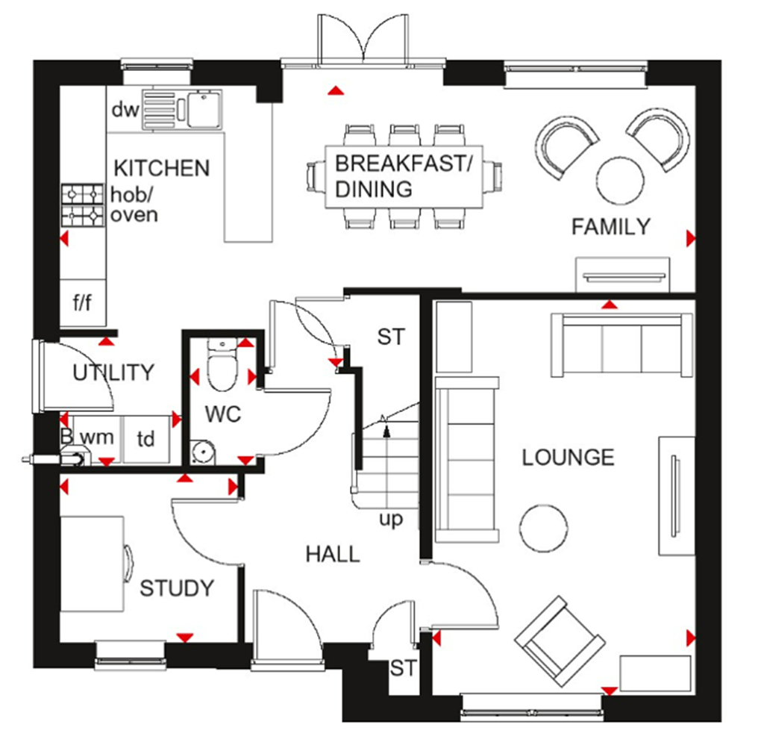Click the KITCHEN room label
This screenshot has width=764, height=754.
(161, 167)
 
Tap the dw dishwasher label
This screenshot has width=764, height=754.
(125, 110)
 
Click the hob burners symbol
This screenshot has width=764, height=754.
(82, 205)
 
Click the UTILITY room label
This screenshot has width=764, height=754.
(113, 372)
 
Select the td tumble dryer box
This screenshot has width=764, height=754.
(145, 439)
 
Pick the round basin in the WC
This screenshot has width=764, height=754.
(201, 451)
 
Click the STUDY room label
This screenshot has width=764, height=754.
(177, 588)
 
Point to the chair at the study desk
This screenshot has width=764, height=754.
(128, 564)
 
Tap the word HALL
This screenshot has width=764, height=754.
(332, 553)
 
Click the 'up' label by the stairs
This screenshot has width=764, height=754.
(390, 519)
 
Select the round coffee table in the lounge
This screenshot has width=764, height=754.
(542, 529)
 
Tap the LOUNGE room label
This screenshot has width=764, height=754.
(568, 457)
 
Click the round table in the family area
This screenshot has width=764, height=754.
(621, 180)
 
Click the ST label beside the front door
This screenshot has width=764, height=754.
(403, 668)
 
